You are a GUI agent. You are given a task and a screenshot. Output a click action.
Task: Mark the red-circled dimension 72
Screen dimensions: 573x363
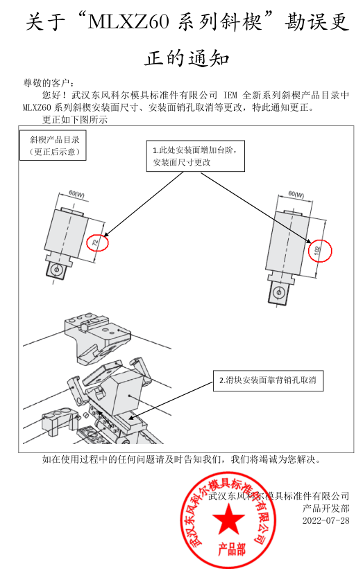click(97, 243)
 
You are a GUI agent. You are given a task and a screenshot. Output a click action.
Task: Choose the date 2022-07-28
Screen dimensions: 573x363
click(326, 520)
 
